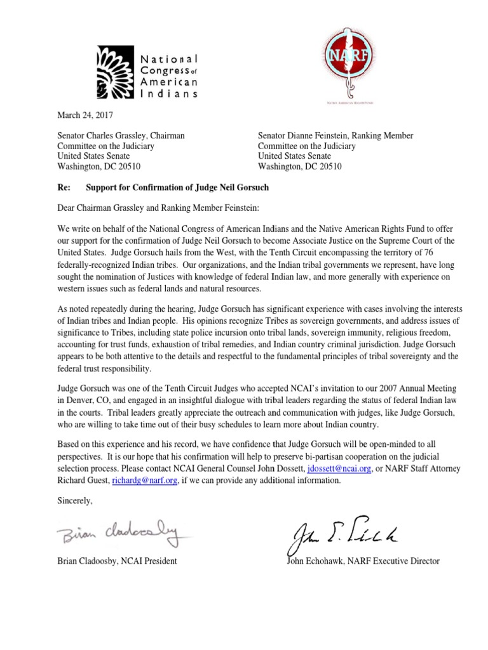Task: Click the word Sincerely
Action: tap(75, 501)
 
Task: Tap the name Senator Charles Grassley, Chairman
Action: tap(121, 136)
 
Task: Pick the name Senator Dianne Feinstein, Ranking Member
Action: tap(335, 136)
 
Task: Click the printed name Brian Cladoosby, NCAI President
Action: tap(117, 561)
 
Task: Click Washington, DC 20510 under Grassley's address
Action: tap(99, 166)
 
